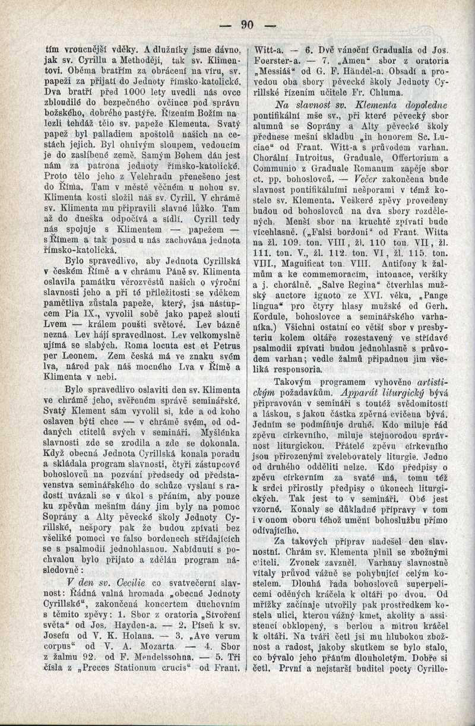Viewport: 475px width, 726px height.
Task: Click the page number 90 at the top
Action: (x=248, y=24)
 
